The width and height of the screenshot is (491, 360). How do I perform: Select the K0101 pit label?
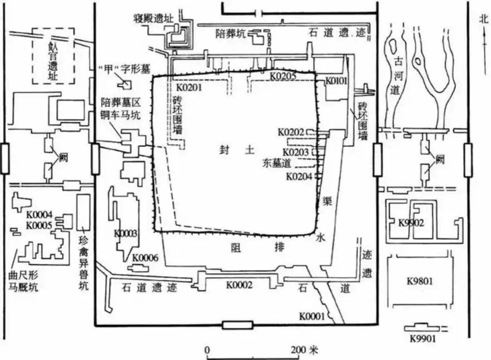pos(336,81)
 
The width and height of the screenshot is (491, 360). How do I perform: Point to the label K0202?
pos(292,132)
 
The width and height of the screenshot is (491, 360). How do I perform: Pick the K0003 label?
pos(126,233)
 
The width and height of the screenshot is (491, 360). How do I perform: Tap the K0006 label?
pos(145,258)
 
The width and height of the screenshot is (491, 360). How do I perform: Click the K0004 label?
pos(38,215)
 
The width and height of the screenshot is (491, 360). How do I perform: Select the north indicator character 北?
pos(482,17)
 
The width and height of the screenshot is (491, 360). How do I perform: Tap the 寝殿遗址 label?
pos(153,18)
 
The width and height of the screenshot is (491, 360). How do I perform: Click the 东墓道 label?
pos(275,164)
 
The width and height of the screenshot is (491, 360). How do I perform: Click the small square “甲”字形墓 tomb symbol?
pos(125,85)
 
